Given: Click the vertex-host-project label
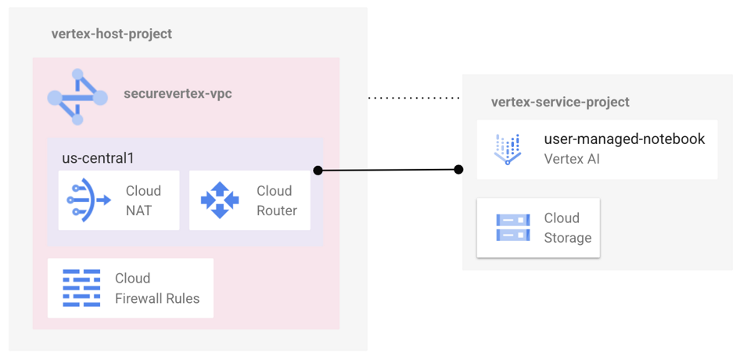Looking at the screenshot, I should [x=111, y=34].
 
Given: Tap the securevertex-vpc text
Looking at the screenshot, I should [x=178, y=94].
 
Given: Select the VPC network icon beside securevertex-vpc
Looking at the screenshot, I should [x=77, y=97].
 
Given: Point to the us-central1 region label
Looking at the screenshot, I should [x=98, y=158].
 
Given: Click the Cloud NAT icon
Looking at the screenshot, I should [x=89, y=200].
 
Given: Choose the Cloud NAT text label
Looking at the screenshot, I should [x=143, y=200].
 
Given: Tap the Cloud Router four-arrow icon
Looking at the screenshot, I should [x=220, y=200].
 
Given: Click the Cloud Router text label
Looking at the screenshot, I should [x=276, y=200].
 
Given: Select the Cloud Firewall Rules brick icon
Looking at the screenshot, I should [x=82, y=288].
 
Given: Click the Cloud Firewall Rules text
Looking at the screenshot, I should [x=156, y=288].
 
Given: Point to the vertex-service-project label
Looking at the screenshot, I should [x=560, y=103].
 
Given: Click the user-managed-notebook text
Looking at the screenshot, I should [x=624, y=139].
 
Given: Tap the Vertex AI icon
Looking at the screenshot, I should [x=507, y=149].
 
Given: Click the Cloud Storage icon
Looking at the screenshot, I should [x=512, y=228].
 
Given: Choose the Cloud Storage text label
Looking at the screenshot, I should [x=567, y=228].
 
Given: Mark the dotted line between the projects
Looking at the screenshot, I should [x=415, y=99].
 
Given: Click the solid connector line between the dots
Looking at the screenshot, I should [x=388, y=170].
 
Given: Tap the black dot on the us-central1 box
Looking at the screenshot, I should [x=318, y=170].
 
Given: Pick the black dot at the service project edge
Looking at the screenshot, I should [x=458, y=170].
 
